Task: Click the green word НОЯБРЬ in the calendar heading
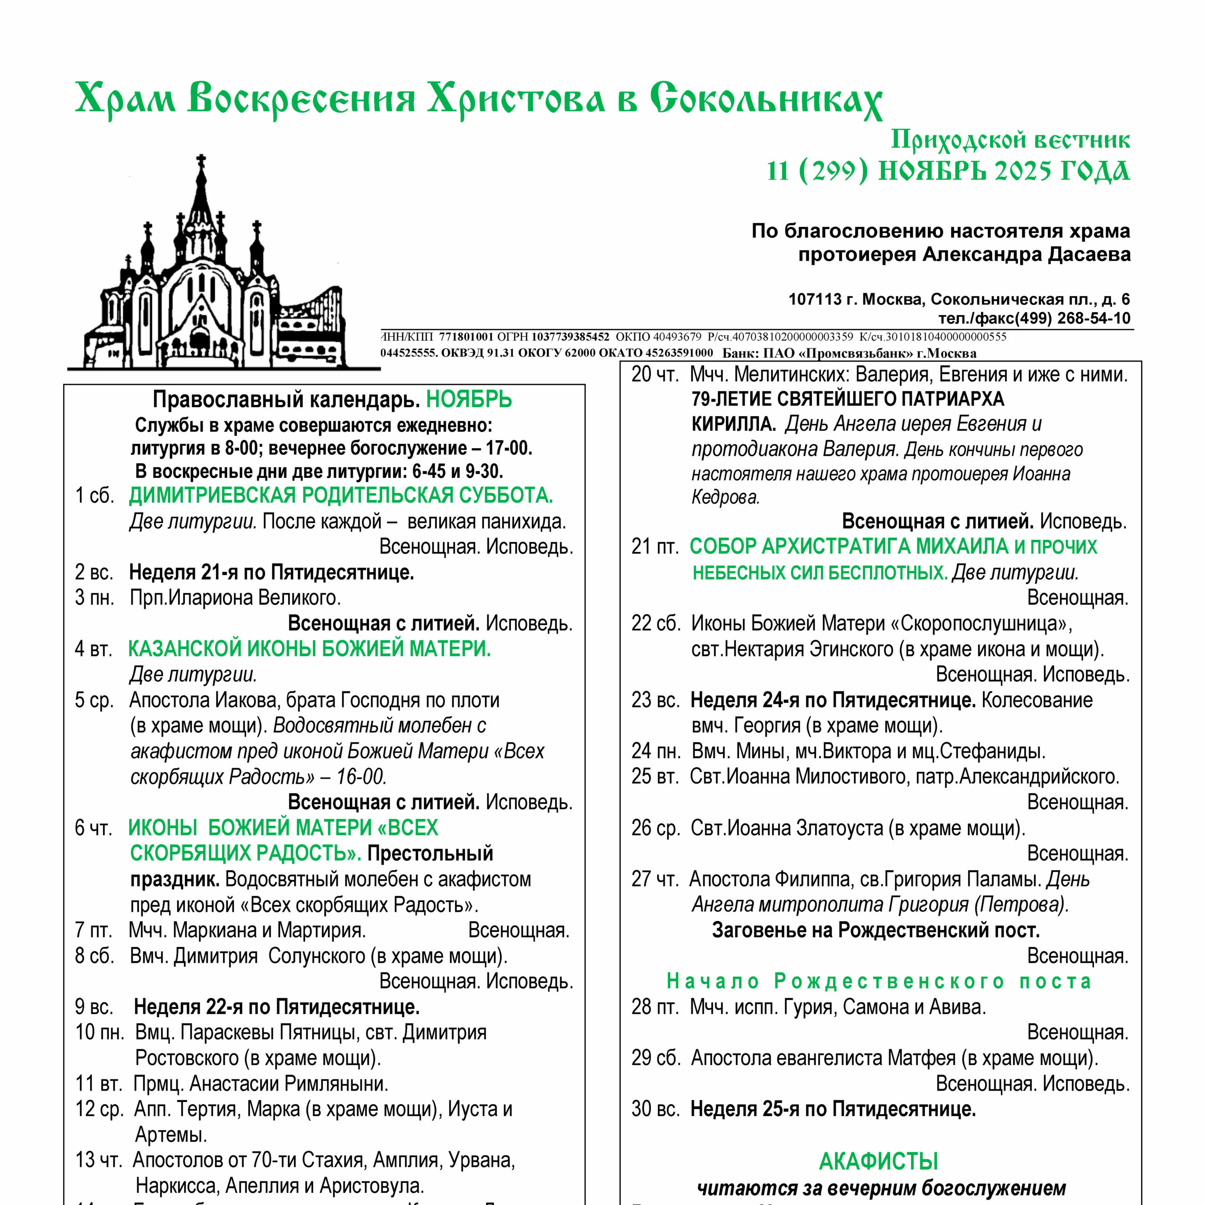(x=468, y=399)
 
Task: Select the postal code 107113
(x=815, y=299)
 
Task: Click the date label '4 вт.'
(x=94, y=649)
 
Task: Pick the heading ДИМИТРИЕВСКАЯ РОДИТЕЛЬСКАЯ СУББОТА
(x=340, y=495)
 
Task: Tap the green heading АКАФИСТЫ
(x=878, y=1161)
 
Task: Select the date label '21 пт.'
(x=654, y=546)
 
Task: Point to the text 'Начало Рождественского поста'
(x=879, y=981)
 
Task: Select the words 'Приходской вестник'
(x=1010, y=140)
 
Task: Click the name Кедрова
(x=725, y=497)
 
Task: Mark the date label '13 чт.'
(x=98, y=1160)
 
